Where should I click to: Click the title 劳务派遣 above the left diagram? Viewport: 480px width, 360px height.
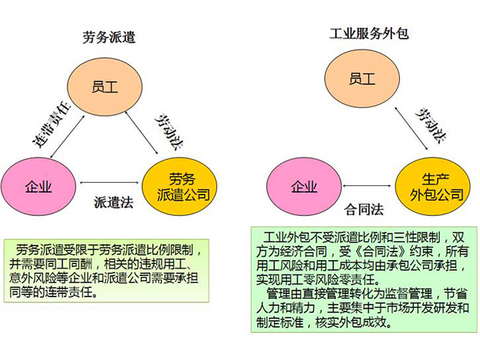point(109,37)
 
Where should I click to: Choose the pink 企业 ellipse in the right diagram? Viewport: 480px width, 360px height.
point(303,187)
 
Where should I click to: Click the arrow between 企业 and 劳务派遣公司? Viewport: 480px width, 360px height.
point(111,182)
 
